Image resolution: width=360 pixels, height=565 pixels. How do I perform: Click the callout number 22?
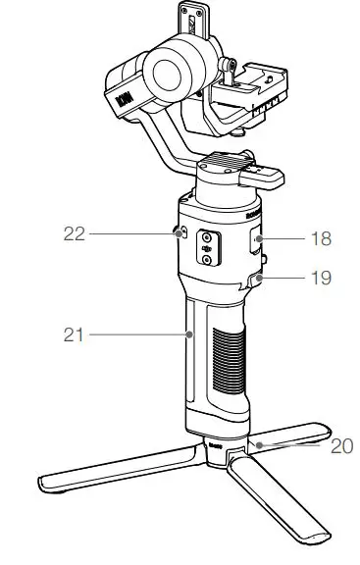pos(74,233)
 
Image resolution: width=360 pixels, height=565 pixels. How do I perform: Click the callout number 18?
pos(320,238)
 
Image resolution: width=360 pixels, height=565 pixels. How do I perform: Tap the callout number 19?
pos(320,278)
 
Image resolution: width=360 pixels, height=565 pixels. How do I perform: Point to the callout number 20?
pos(340,446)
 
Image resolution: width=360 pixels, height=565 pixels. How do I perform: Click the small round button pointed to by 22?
pos(178,233)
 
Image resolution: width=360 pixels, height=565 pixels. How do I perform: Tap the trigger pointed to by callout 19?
pos(256,281)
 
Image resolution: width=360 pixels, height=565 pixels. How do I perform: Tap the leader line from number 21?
pos(138,335)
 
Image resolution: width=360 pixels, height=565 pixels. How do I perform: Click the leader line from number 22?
pos(129,233)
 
